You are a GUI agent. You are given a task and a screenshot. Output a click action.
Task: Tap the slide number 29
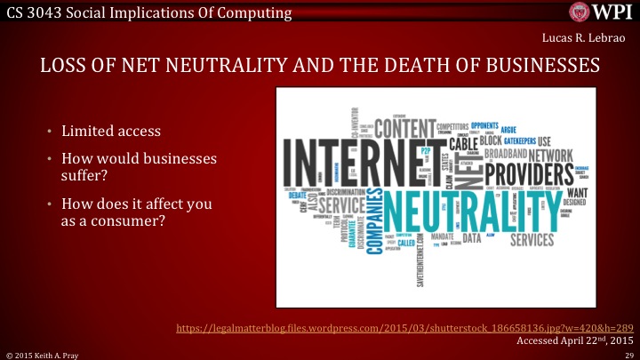(x=628, y=354)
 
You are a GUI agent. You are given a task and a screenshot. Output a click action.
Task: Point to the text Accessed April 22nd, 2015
(x=575, y=340)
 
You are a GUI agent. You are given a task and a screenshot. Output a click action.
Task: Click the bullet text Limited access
(x=111, y=132)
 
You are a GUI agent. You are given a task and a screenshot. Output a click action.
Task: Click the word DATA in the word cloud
(x=472, y=238)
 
